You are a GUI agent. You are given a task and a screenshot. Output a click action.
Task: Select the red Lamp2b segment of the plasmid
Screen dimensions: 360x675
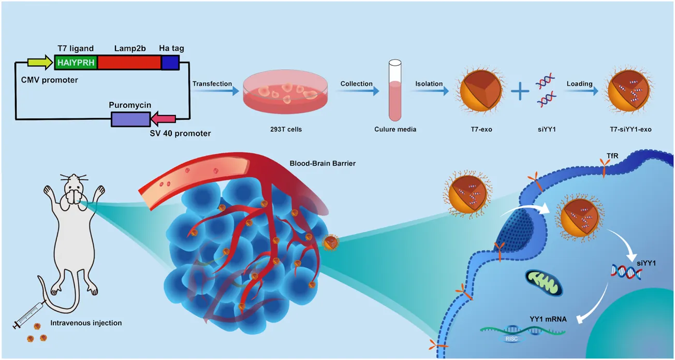(x=129, y=63)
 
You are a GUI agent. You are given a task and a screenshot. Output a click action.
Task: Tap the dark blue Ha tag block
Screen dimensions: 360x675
(x=170, y=63)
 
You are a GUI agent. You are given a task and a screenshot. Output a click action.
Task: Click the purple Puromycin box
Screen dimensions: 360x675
(x=130, y=119)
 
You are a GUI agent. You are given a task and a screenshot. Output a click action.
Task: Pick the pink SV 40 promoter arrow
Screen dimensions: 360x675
(x=163, y=120)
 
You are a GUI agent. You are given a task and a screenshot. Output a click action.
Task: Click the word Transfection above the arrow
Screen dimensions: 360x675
(x=212, y=83)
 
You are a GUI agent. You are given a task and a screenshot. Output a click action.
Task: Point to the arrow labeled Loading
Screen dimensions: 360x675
(x=580, y=92)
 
